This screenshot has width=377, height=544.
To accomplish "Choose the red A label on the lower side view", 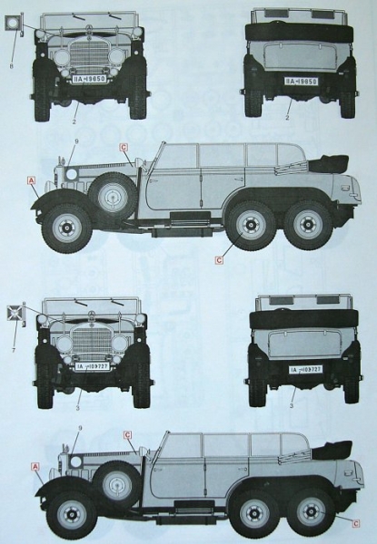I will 35,466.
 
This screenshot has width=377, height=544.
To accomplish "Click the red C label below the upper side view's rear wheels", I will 220,260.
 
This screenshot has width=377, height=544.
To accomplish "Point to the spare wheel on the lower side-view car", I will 117,481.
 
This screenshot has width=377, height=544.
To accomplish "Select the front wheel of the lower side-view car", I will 70,512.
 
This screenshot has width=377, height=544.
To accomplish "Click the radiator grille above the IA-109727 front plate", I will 90,342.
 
